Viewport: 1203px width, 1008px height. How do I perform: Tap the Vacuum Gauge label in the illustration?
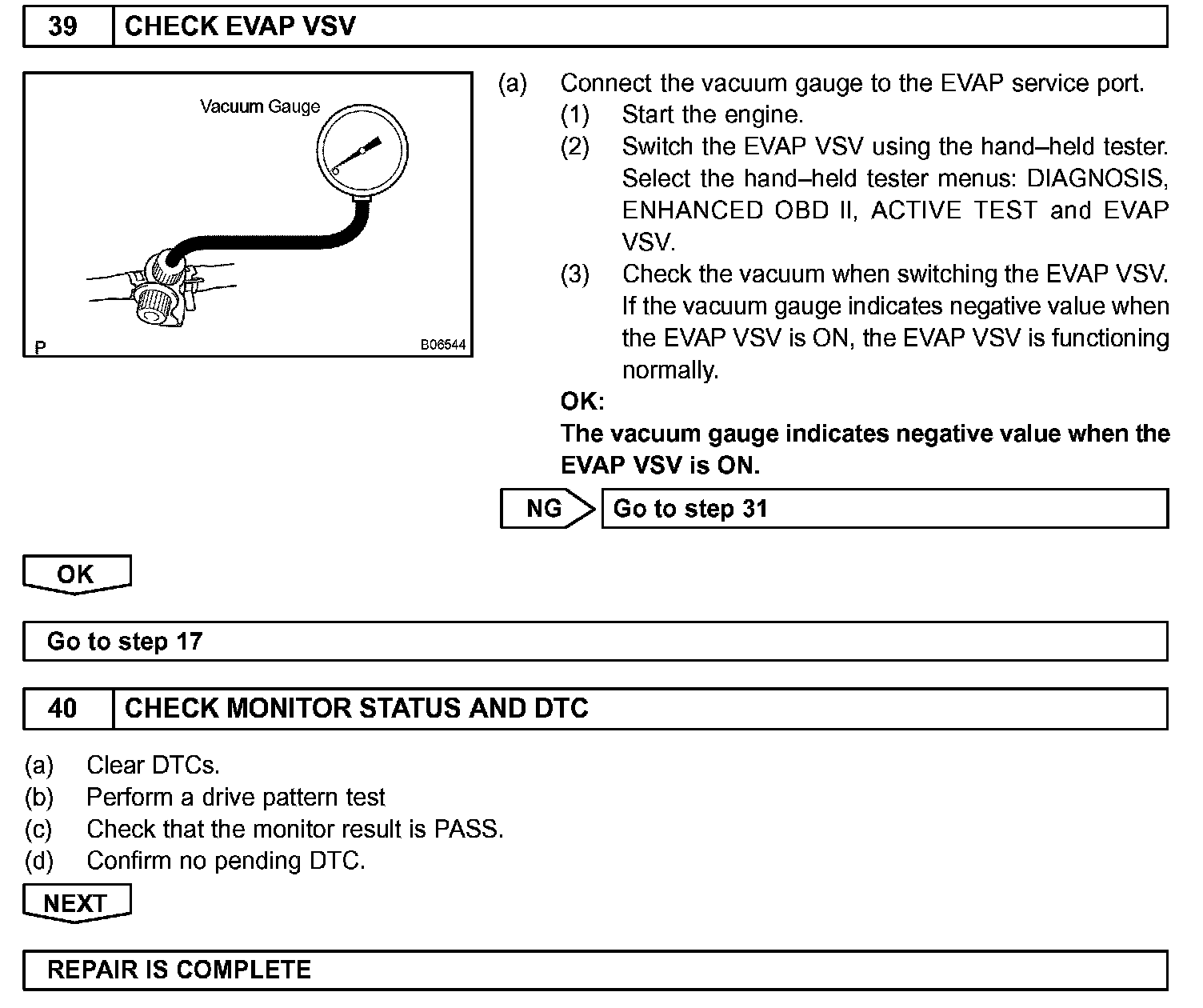tap(259, 106)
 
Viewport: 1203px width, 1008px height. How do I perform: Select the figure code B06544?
tap(442, 346)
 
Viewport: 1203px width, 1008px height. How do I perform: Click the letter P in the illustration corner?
tap(41, 346)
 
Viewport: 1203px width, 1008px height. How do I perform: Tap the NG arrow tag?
tap(547, 509)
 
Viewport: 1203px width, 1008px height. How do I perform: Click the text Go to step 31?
tap(690, 509)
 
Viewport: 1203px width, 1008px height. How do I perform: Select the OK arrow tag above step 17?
tap(76, 574)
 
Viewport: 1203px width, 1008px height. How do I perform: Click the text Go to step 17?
tap(125, 642)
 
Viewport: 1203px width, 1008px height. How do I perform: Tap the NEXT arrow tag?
tap(76, 902)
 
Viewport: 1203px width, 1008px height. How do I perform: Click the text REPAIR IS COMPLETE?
tap(179, 970)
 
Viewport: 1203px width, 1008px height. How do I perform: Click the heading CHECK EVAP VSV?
tap(240, 26)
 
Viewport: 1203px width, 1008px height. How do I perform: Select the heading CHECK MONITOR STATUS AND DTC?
tap(357, 708)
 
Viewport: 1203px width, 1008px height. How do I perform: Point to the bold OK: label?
tap(582, 401)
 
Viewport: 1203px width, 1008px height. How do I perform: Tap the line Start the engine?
tap(712, 114)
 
